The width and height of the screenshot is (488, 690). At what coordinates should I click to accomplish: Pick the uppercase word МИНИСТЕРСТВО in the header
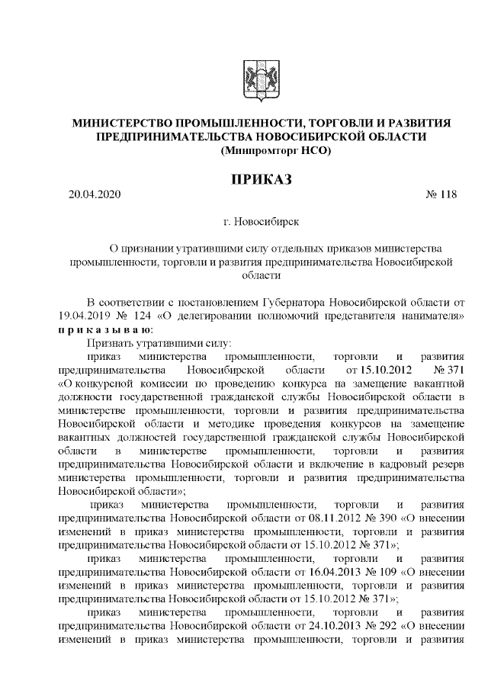(121, 123)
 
